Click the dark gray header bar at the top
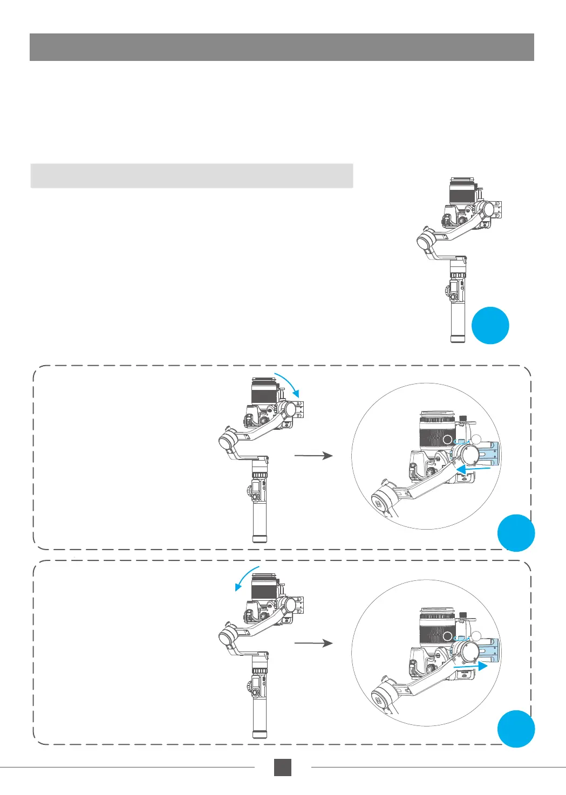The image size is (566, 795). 282,47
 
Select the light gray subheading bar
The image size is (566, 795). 192,176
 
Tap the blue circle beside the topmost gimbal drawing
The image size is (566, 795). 490,325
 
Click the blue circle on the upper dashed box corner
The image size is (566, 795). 516,533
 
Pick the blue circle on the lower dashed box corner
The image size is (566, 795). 516,729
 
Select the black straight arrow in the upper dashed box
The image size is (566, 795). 313,456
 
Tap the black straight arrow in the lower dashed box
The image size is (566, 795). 313,643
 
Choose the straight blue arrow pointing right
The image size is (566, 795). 470,667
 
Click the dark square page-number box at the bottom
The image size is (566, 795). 282,767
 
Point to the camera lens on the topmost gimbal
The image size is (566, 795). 461,191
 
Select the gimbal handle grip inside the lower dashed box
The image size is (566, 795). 260,715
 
